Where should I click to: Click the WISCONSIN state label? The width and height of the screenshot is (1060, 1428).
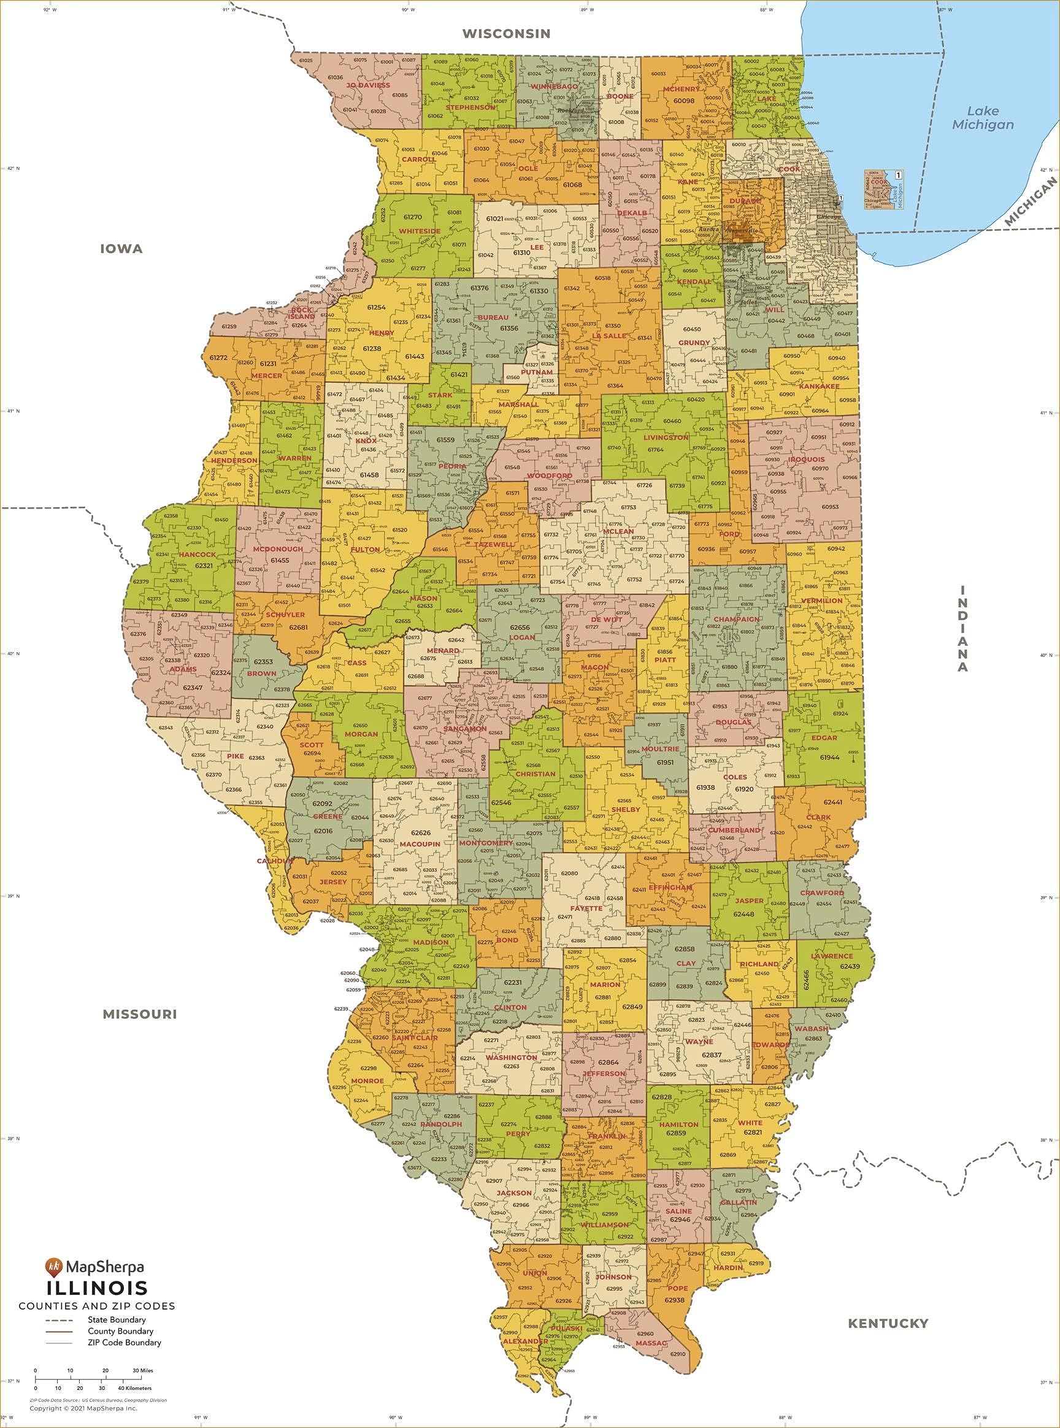pyautogui.click(x=506, y=33)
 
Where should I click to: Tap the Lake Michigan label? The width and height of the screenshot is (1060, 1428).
pyautogui.click(x=982, y=118)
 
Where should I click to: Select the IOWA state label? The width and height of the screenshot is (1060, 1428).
pyautogui.click(x=121, y=249)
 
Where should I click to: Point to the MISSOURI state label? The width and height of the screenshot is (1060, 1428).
pyautogui.click(x=139, y=1014)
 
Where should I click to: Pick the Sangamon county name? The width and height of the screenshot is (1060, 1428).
pyautogui.click(x=464, y=729)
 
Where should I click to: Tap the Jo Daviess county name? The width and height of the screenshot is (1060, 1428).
pyautogui.click(x=367, y=85)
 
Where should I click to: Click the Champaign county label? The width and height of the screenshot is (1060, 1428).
pyautogui.click(x=736, y=619)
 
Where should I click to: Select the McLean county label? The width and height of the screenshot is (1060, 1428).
pyautogui.click(x=618, y=531)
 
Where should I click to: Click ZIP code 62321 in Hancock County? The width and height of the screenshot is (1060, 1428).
pyautogui.click(x=204, y=566)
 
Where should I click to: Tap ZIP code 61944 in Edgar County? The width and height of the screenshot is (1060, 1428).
pyautogui.click(x=829, y=757)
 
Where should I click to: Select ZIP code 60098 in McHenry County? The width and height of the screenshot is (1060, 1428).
pyautogui.click(x=683, y=101)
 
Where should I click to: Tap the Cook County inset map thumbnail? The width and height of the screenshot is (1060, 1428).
pyautogui.click(x=883, y=190)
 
